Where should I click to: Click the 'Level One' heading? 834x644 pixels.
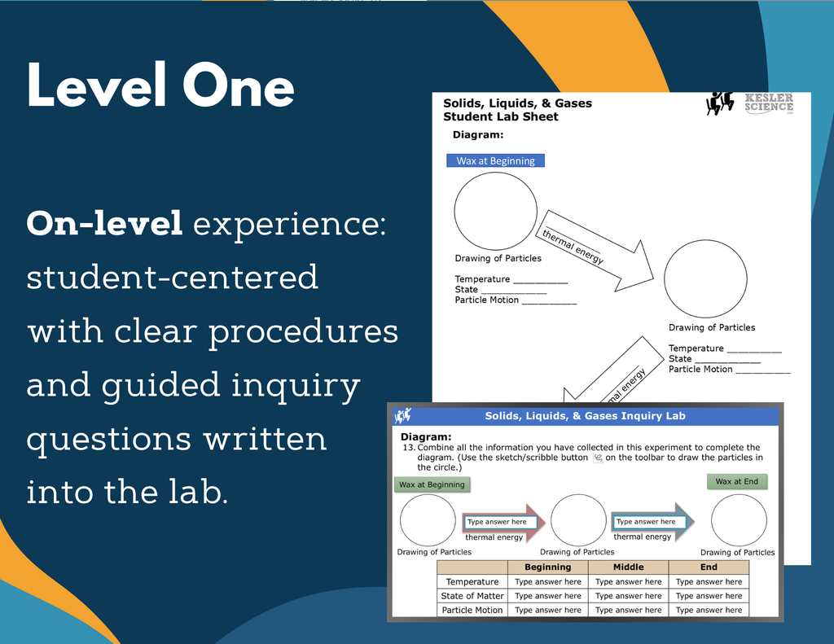coord(160,86)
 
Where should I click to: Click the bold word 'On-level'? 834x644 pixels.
coord(104,224)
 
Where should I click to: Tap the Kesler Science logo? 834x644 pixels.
coord(750,103)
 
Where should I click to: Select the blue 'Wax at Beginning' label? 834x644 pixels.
coord(495,160)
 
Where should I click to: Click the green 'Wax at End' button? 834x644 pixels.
coord(736,481)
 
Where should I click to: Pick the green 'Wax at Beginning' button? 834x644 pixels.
coord(432,484)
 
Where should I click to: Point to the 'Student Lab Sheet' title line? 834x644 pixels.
coord(500,116)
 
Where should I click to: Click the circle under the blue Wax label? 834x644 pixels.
coord(495,211)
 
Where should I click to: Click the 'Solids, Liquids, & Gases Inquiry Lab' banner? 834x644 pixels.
coord(585,416)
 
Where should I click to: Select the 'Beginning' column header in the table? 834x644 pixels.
coord(547,567)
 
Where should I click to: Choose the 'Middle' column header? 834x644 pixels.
coord(628,567)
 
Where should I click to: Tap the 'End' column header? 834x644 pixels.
coord(709,567)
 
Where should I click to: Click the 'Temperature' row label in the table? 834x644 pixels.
coord(472,581)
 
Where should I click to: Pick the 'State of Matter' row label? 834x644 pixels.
coord(472,596)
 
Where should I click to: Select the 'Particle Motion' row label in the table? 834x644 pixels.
coord(472,610)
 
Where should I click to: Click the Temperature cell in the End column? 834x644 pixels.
coord(709,581)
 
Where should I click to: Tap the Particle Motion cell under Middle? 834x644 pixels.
coord(628,610)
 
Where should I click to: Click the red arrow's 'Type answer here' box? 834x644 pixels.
coord(497,522)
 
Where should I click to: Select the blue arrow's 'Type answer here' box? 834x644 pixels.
coord(646,522)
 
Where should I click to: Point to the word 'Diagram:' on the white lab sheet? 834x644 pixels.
coord(478,134)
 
